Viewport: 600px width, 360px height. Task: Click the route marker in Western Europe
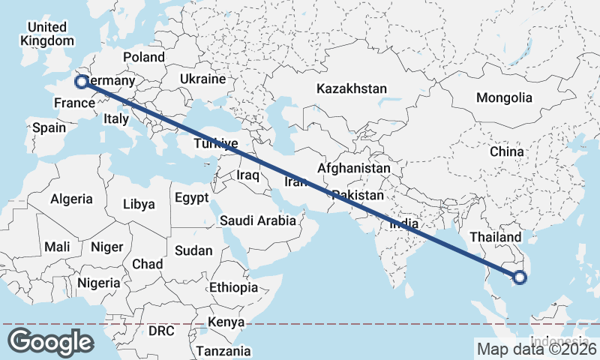click(x=80, y=81)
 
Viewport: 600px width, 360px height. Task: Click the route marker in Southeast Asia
click(x=520, y=278)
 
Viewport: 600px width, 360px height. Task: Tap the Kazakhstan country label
click(x=351, y=88)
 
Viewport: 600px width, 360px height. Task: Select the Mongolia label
click(x=503, y=97)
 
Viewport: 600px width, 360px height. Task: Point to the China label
click(x=506, y=151)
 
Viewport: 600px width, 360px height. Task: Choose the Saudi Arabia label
click(x=257, y=220)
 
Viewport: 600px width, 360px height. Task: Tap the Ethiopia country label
click(x=233, y=287)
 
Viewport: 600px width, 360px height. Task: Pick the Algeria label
click(x=71, y=199)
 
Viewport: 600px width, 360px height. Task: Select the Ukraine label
click(x=202, y=79)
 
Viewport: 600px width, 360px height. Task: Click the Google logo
click(x=51, y=341)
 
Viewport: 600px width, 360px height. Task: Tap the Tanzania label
click(x=223, y=350)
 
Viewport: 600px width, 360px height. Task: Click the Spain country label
click(x=49, y=127)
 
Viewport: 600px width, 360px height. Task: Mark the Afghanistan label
click(x=353, y=169)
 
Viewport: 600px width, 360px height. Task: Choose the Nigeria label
click(x=97, y=283)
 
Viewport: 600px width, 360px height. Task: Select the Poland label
click(x=144, y=57)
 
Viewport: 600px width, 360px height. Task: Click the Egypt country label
click(x=191, y=198)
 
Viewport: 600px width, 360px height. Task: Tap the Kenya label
click(x=226, y=322)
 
